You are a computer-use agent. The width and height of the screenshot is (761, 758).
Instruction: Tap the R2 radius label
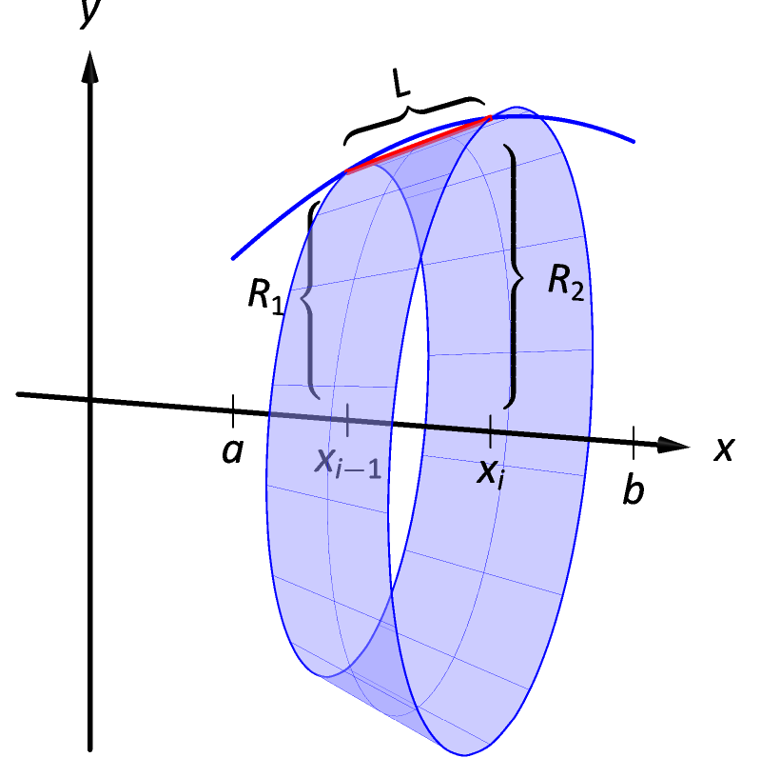565,284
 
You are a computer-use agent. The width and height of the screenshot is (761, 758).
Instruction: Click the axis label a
232,451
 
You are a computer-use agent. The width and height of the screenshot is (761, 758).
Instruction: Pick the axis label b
633,490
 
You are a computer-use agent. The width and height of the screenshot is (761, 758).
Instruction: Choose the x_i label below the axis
491,472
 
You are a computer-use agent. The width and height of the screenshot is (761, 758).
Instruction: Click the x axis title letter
725,448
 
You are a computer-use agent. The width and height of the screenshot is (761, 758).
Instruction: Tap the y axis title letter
91,13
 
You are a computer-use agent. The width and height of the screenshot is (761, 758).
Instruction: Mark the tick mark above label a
233,411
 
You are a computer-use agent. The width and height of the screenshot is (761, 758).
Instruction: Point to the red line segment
419,145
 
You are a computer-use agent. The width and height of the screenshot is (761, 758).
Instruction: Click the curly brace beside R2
515,276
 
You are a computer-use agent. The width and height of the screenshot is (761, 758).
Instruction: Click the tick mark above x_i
490,430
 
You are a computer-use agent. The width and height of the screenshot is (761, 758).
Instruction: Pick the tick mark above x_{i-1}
348,418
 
